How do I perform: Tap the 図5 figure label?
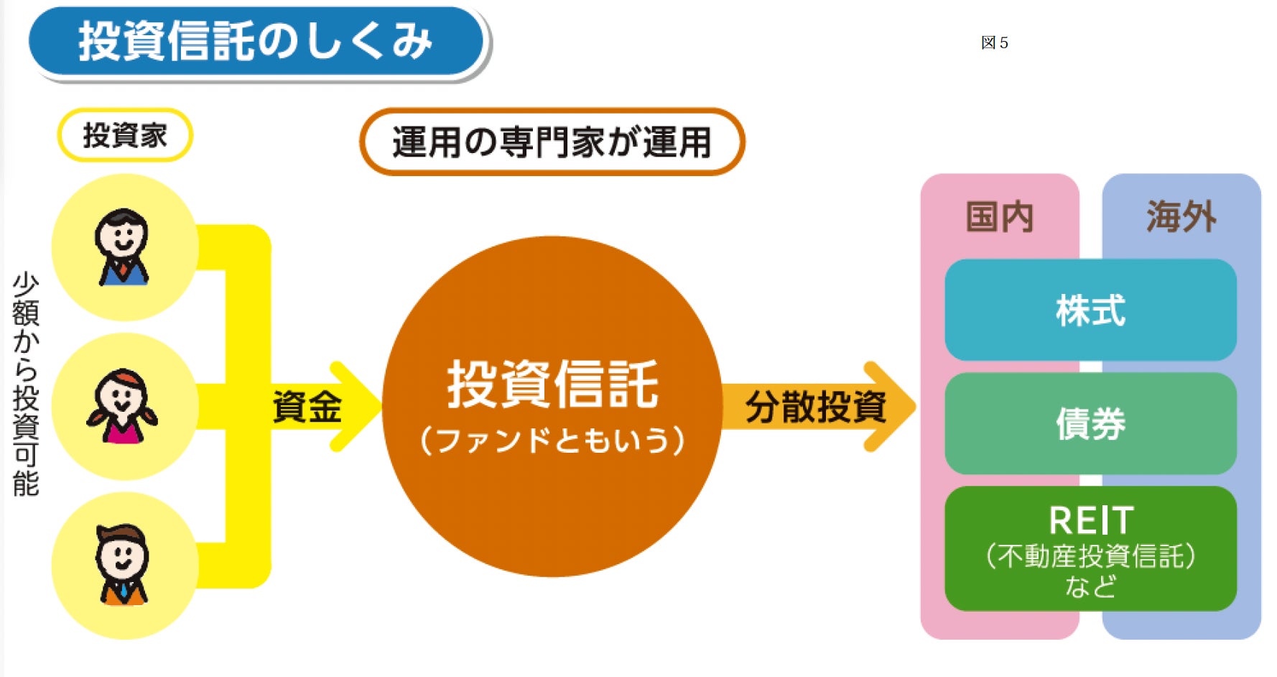point(994,43)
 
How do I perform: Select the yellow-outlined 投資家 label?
point(125,135)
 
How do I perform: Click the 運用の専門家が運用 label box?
point(552,142)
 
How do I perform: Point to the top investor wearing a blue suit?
point(123,247)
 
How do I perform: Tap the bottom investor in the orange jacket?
point(123,565)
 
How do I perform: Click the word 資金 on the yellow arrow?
point(307,407)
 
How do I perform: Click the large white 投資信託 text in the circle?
point(552,384)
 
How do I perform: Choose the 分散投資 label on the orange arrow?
point(815,407)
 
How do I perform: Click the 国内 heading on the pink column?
point(999,216)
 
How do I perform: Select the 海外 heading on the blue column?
point(1181,216)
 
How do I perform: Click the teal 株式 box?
point(1090,310)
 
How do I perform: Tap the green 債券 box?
point(1090,423)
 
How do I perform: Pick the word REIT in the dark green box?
point(1090,520)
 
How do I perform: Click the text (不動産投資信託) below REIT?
point(1090,556)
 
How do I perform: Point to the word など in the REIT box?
point(1090,587)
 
